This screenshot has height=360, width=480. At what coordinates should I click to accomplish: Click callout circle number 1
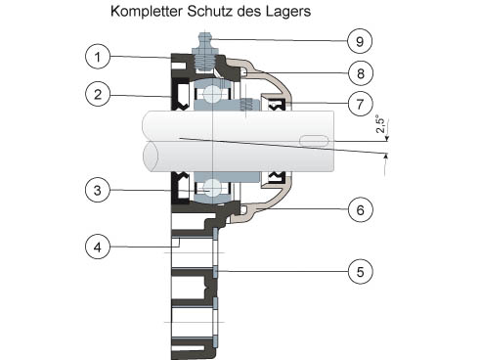[x=98, y=57]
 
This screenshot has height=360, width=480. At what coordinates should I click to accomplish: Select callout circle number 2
[x=98, y=95]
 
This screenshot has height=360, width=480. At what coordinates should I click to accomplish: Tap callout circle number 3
[x=98, y=190]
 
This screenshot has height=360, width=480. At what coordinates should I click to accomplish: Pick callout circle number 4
[x=98, y=247]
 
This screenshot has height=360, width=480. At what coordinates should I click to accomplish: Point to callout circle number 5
[x=360, y=271]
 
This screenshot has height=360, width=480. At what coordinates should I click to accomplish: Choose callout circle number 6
[x=360, y=209]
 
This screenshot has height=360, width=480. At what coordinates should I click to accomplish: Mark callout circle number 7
[x=360, y=104]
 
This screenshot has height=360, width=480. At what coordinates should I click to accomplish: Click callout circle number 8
[x=360, y=73]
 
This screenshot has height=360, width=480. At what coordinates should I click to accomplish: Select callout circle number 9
[x=360, y=41]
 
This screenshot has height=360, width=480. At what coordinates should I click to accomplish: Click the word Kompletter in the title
[x=147, y=12]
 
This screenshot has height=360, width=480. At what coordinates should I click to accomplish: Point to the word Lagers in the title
[x=288, y=12]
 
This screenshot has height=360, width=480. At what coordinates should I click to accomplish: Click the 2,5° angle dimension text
[x=380, y=124]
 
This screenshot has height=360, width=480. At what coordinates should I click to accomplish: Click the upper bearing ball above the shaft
[x=212, y=94]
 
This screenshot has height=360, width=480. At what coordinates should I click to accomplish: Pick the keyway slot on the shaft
[x=314, y=140]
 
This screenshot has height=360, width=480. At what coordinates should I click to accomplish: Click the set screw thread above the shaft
[x=246, y=105]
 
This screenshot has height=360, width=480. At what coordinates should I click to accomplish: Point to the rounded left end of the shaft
[x=151, y=156]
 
